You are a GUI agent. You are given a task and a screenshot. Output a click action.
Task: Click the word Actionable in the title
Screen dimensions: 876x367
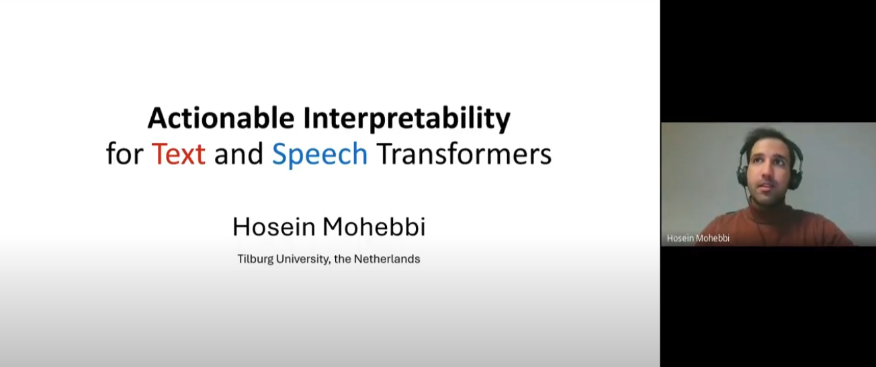[221, 118]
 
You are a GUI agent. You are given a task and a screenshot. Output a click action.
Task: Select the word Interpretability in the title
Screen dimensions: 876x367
[406, 119]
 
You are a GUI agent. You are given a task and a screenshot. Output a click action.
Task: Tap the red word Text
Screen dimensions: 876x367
[178, 154]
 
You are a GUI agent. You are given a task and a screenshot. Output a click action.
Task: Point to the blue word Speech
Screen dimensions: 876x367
[320, 154]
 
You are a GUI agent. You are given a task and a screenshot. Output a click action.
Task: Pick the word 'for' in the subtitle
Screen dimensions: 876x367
[124, 154]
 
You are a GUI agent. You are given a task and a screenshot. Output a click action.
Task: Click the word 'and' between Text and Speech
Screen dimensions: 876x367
[238, 154]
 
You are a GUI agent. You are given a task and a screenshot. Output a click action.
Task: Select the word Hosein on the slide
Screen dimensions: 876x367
[274, 227]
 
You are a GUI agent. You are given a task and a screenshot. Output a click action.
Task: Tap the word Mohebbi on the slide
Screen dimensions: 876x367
[374, 227]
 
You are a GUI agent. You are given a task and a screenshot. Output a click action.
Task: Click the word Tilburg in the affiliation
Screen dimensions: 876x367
[255, 259]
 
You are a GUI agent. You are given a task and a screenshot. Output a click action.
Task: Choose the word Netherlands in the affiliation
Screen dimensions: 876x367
[387, 259]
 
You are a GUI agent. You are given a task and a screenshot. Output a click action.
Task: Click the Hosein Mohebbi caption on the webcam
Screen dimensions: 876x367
[698, 238]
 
